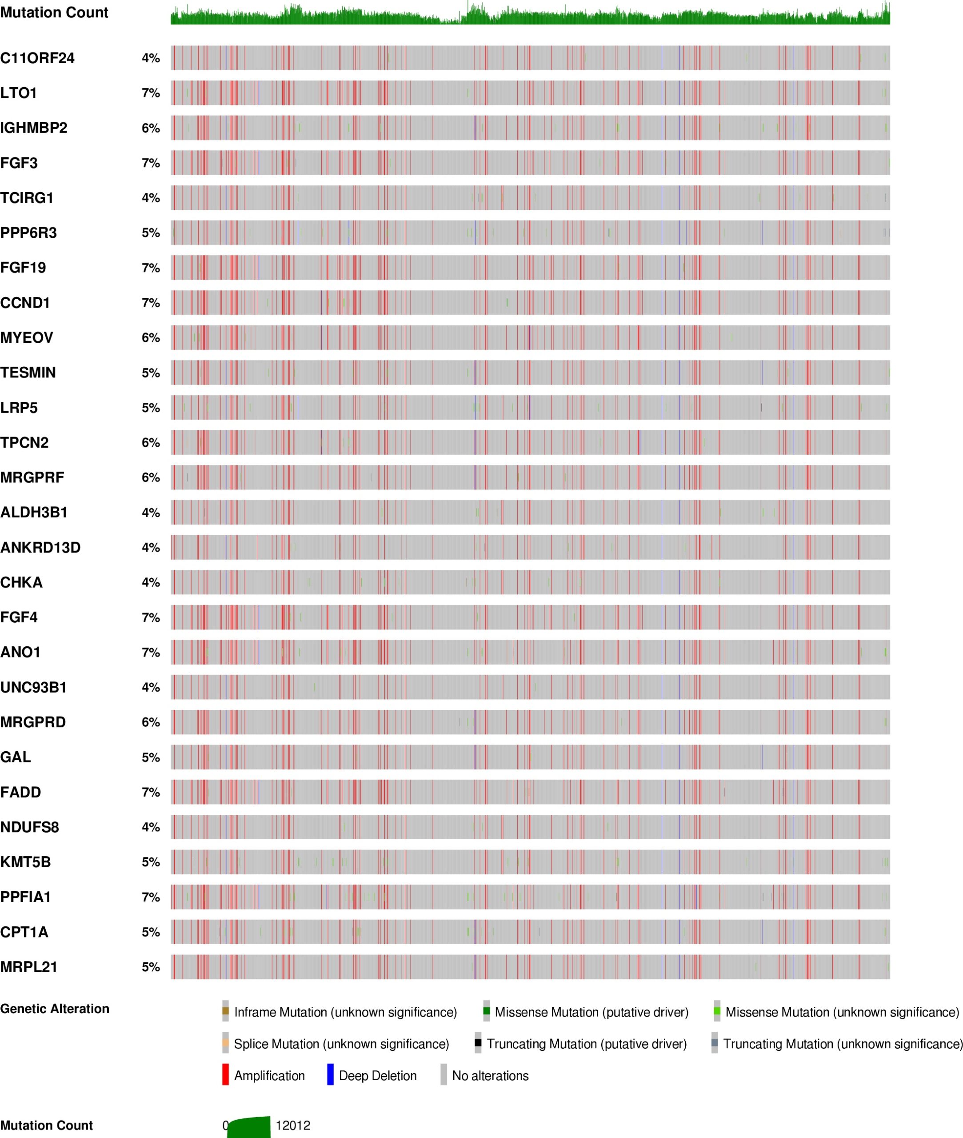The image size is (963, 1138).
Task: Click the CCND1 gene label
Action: (x=25, y=303)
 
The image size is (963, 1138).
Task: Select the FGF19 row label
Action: (x=23, y=268)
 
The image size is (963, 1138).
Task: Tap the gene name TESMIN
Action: (x=28, y=373)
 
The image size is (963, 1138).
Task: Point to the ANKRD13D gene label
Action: (x=40, y=548)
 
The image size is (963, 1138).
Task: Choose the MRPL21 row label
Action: (x=29, y=967)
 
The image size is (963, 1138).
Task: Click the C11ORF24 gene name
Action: (x=37, y=58)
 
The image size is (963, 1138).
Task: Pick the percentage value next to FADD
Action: (x=151, y=792)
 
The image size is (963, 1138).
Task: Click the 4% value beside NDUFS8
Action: (x=151, y=827)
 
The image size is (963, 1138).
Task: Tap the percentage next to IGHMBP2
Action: (x=151, y=128)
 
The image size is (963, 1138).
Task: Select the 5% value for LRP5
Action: (x=151, y=408)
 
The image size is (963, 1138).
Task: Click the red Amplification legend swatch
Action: (x=225, y=1075)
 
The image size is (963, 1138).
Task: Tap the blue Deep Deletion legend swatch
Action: (x=330, y=1075)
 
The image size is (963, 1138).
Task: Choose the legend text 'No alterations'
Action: (x=490, y=1076)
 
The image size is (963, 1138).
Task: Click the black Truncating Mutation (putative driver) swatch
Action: (x=478, y=1042)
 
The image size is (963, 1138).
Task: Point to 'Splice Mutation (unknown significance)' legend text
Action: (x=341, y=1044)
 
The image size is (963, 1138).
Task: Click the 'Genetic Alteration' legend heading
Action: (x=55, y=1009)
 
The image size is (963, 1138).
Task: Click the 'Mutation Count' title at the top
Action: (x=54, y=12)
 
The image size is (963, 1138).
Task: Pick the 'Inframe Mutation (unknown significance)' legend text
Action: (x=346, y=1012)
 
